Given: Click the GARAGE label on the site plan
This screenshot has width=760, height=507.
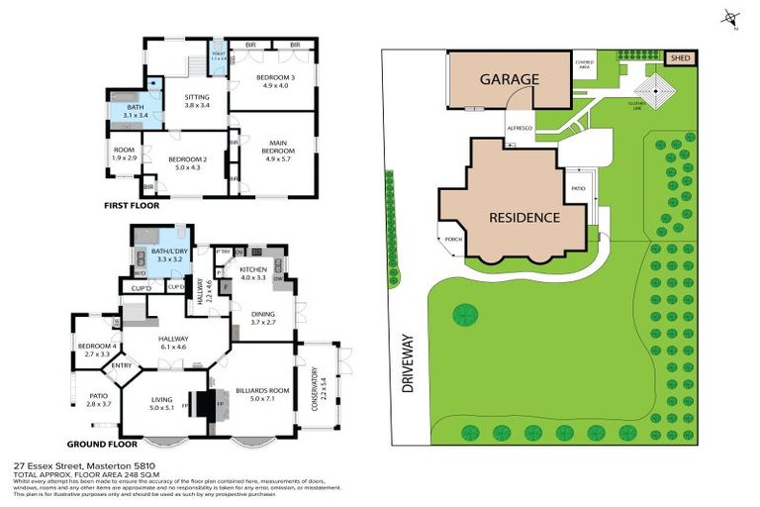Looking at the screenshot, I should [510, 78].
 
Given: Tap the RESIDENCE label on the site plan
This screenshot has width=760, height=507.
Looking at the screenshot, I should [523, 217].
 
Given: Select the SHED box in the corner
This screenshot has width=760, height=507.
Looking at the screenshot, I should [680, 58].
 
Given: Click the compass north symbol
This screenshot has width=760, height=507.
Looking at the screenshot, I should [730, 17].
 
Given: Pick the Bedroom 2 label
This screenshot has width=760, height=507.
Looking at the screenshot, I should [187, 163].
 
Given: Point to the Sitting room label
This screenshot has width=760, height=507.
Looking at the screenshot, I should [198, 101].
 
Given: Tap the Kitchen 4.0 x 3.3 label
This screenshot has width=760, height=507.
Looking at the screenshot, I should [252, 272].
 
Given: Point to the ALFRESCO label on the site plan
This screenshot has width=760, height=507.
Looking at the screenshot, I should [519, 128].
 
